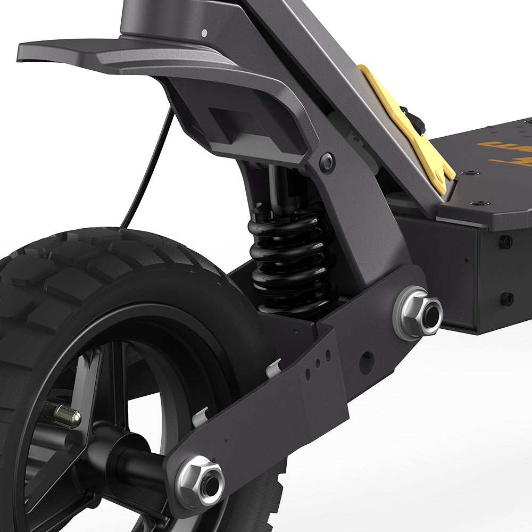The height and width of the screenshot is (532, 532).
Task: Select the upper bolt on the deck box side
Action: [505, 242]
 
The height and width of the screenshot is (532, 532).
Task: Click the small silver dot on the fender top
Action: [204, 34]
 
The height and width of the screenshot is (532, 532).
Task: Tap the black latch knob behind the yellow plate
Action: [419, 120]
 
